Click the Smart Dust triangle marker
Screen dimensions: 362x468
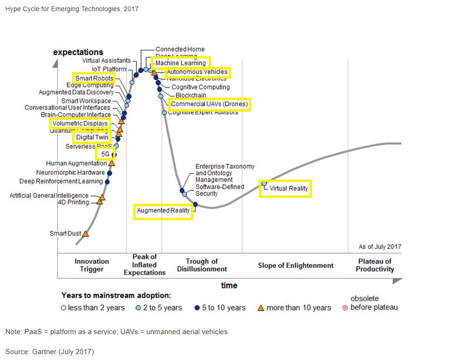click(x=86, y=233)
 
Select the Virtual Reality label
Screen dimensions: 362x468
click(x=289, y=188)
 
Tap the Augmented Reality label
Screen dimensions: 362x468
click(x=163, y=211)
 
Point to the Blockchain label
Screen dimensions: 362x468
click(x=191, y=95)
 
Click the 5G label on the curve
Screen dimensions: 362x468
click(x=105, y=154)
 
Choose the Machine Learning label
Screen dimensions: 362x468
click(x=181, y=63)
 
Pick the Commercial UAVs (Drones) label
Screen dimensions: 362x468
click(x=210, y=104)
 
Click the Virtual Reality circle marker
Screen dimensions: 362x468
click(x=264, y=183)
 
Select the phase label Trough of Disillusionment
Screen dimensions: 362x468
click(x=202, y=265)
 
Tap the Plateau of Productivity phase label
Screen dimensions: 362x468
click(x=375, y=265)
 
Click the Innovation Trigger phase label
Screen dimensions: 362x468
click(x=92, y=265)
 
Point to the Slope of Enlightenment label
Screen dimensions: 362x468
click(x=296, y=265)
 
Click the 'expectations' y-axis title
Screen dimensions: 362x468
click(x=78, y=52)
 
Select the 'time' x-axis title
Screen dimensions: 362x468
click(x=229, y=285)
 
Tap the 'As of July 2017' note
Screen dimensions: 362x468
click(x=380, y=247)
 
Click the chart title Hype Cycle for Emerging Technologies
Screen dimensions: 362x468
click(x=72, y=9)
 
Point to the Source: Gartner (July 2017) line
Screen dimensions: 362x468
click(x=50, y=351)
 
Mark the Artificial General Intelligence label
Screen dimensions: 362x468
click(x=49, y=195)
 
